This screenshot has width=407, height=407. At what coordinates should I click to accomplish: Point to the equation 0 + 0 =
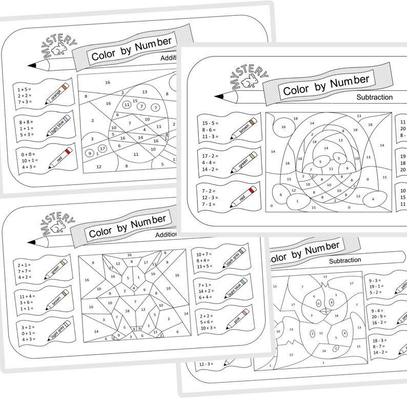click(25, 153)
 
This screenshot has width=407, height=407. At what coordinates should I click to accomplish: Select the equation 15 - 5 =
click(211, 123)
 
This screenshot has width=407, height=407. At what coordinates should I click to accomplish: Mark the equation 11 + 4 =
click(26, 296)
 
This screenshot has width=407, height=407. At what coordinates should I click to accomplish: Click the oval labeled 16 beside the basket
click(283, 127)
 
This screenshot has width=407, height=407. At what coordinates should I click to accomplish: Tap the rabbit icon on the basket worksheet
click(251, 80)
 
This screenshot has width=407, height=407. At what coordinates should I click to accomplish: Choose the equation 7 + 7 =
click(25, 257)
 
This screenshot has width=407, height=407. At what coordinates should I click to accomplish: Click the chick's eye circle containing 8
click(332, 303)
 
